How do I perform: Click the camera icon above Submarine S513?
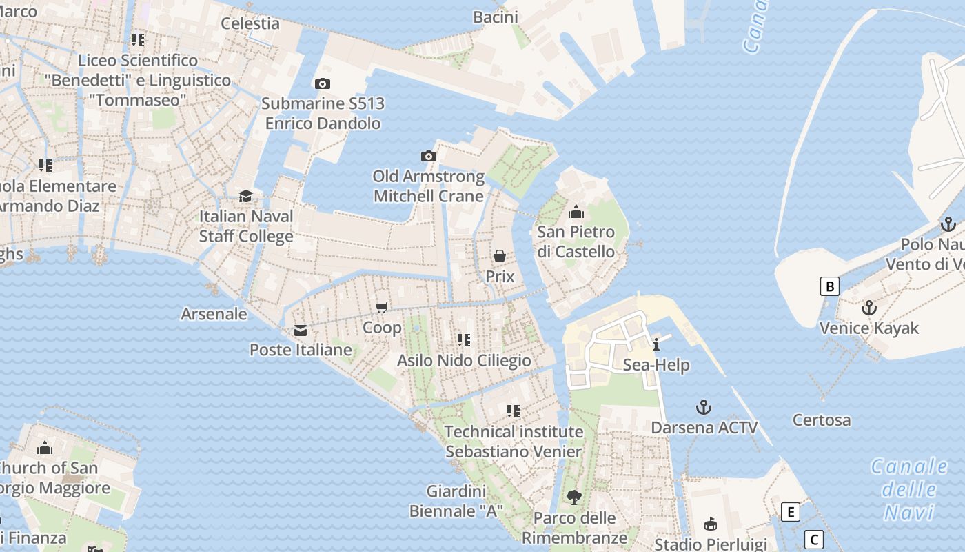[x=322, y=84]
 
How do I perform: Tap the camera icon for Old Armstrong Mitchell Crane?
[x=429, y=157]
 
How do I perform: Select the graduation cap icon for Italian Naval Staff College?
[x=245, y=197]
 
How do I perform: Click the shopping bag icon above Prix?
[x=500, y=257]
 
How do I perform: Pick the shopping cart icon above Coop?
[x=382, y=307]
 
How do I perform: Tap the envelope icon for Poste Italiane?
[x=301, y=331]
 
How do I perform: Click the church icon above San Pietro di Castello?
[x=576, y=212]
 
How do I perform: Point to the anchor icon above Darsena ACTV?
[x=704, y=407]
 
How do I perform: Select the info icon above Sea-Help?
[x=656, y=345]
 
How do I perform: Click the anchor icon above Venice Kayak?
[x=869, y=308]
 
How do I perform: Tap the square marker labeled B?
[x=830, y=286]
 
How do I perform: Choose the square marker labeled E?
[x=791, y=512]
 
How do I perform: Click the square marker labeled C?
[x=814, y=540]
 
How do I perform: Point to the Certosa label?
[x=822, y=420]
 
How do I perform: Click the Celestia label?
[x=250, y=23]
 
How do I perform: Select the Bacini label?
[x=496, y=17]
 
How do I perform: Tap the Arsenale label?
[x=214, y=314]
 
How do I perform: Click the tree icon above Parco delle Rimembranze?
[x=573, y=497]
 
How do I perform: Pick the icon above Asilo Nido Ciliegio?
[x=464, y=339]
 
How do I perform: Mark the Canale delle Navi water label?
[x=910, y=489]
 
